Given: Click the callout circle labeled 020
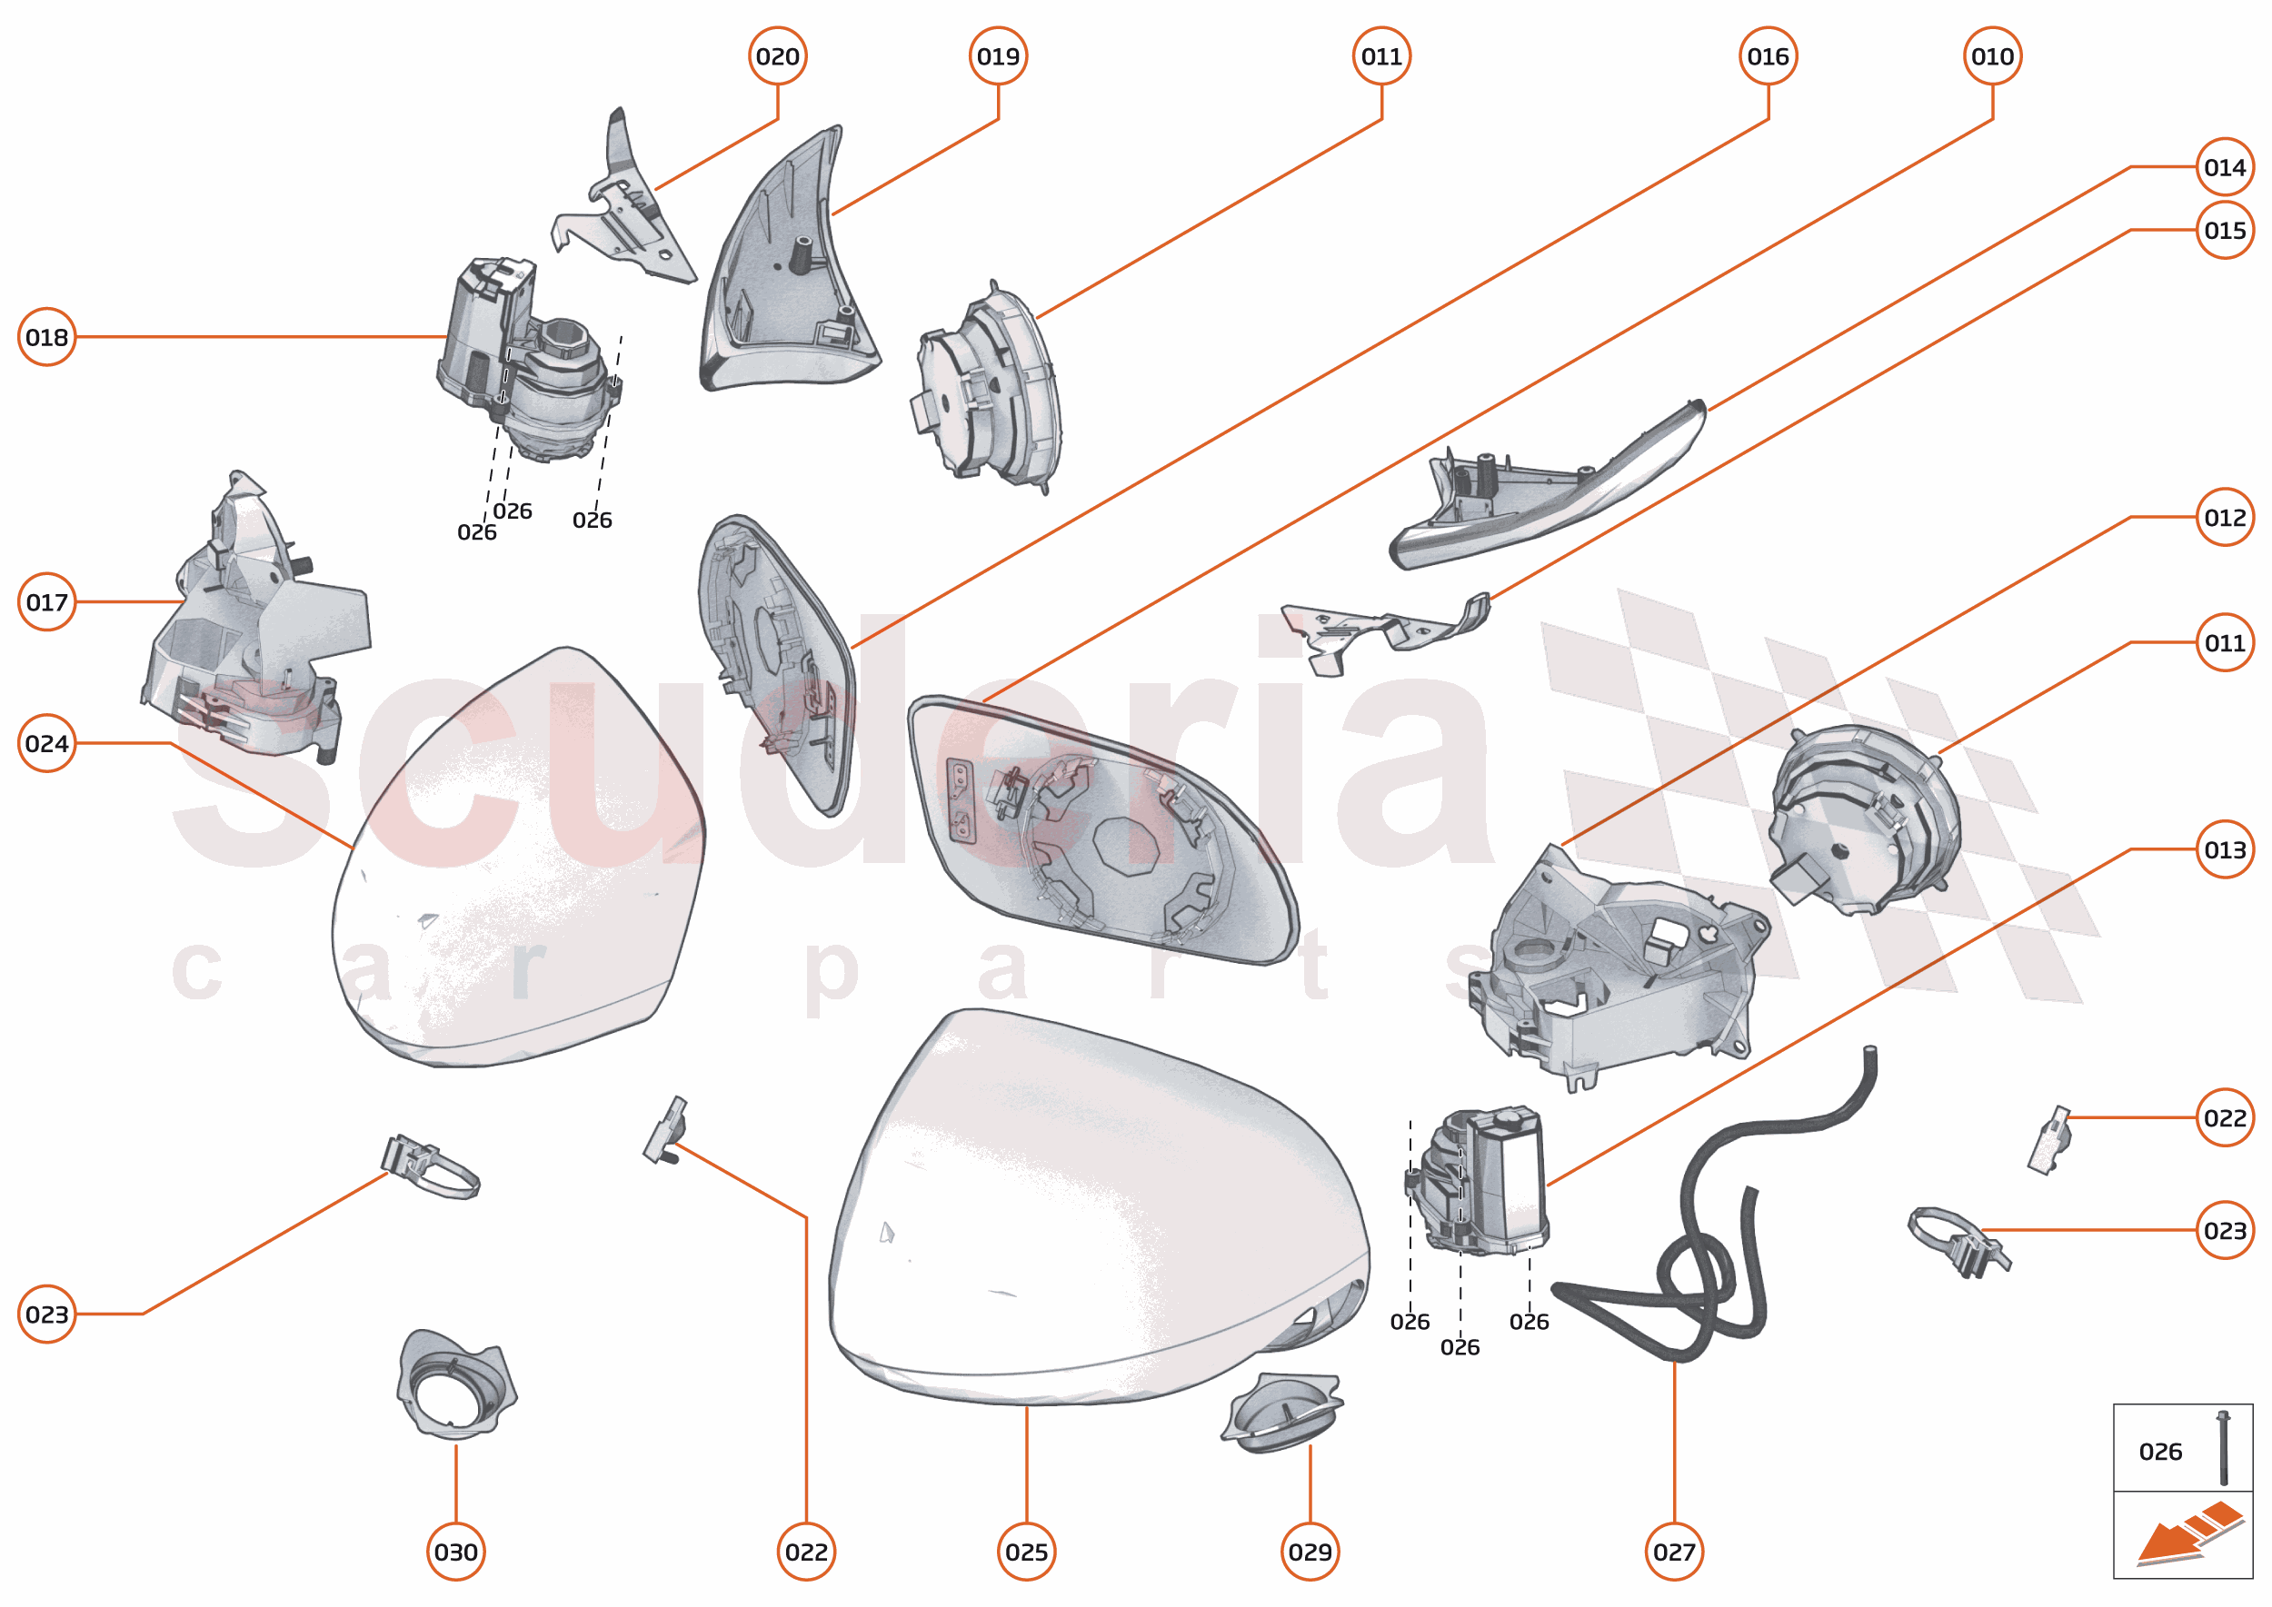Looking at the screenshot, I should pos(777,56).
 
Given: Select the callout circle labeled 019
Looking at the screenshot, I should pos(998,56).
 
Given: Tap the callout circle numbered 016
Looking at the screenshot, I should pos(1769,56).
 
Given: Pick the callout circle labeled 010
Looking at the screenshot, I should pos(1993,56).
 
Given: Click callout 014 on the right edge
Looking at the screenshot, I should pos(2225,167).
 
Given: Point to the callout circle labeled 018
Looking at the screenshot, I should pos(46,337).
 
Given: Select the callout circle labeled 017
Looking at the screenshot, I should pos(46,601).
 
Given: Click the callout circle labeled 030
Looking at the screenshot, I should pos(455,1552).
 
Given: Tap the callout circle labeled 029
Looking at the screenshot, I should pos(1310,1552).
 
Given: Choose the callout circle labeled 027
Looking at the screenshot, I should pos(1674,1552).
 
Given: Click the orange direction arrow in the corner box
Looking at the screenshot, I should pos(2188,1537).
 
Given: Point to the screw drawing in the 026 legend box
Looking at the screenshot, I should pos(2224,1449).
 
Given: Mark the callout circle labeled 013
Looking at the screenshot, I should pos(2225,849).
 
